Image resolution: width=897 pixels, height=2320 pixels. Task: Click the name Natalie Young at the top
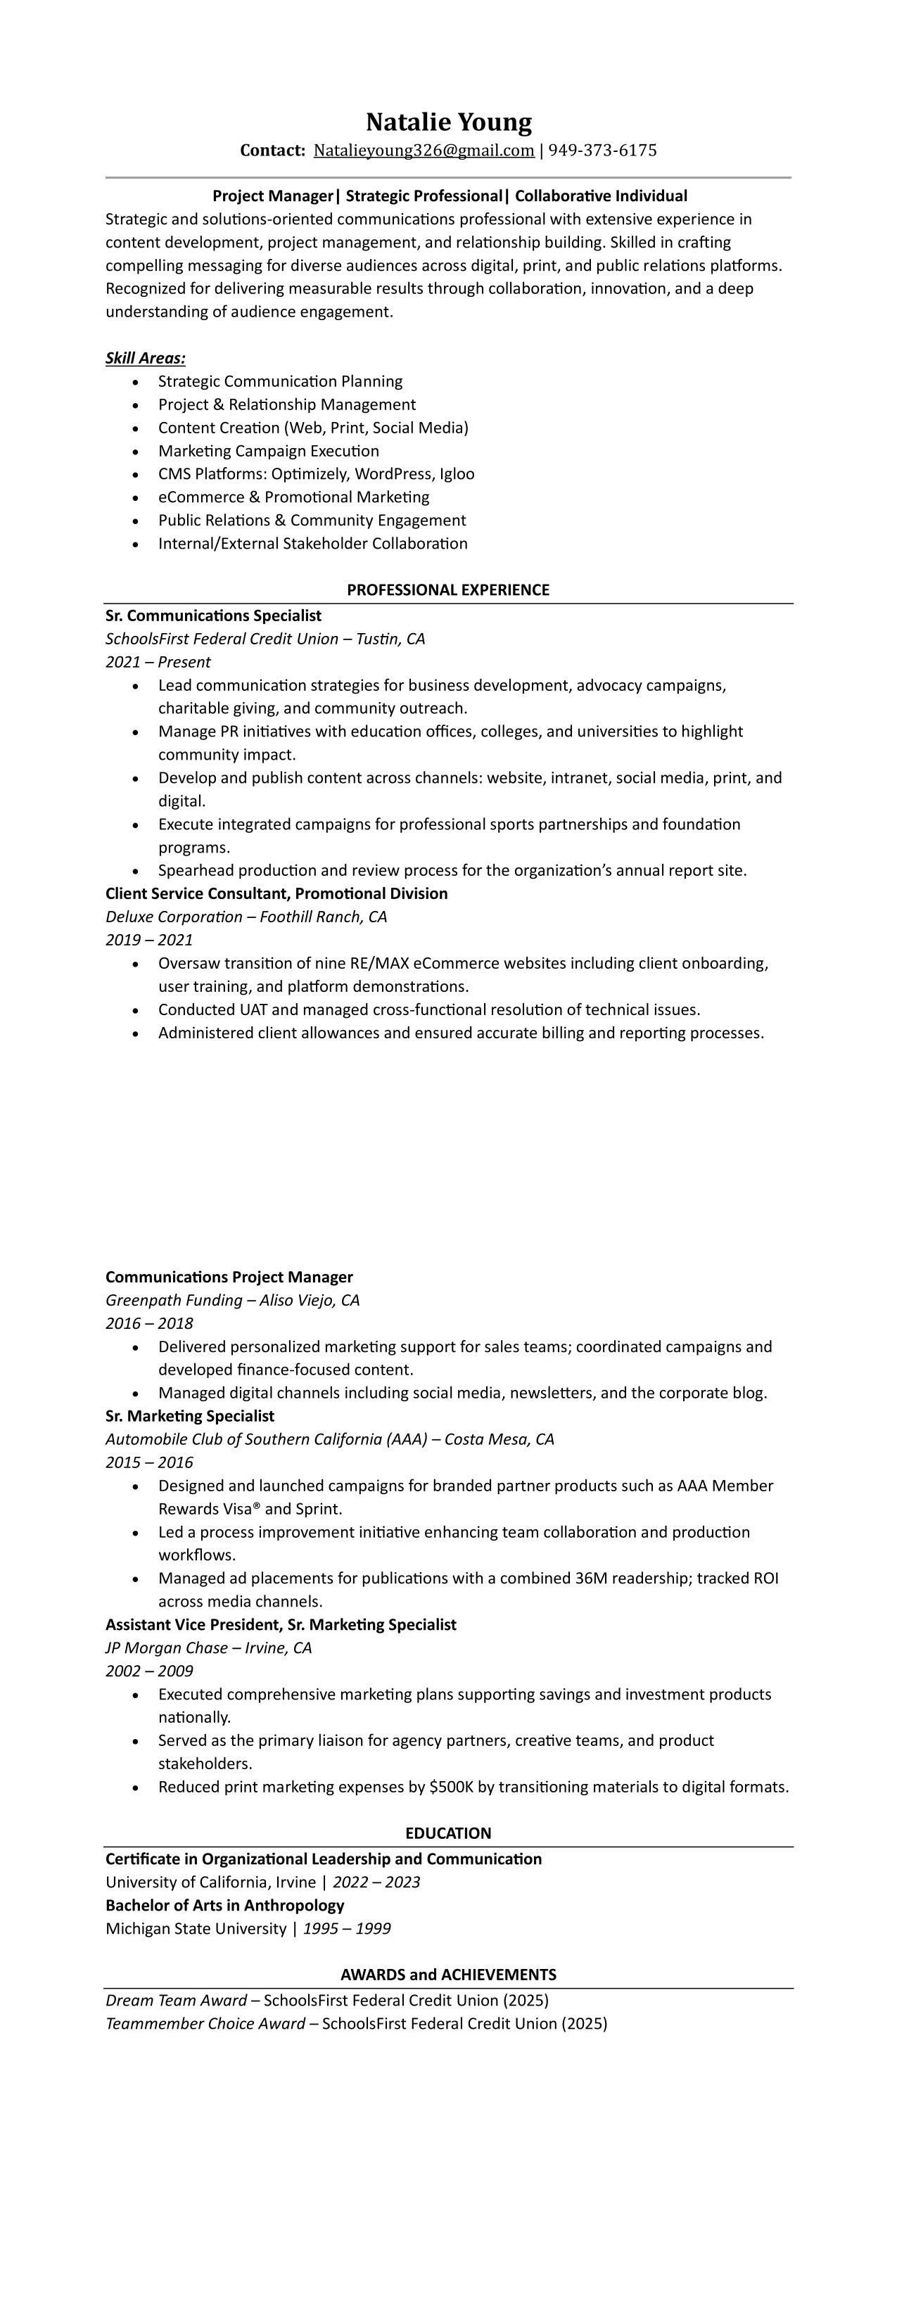click(x=449, y=122)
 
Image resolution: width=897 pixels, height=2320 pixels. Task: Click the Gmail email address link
click(x=424, y=151)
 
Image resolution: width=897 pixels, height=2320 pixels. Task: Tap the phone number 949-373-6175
click(x=602, y=151)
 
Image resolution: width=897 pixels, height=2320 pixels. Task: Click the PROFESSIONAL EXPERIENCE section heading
click(x=447, y=590)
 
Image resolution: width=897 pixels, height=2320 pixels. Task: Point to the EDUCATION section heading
click(x=447, y=1833)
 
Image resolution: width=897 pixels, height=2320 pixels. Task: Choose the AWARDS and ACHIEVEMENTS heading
click(x=447, y=1974)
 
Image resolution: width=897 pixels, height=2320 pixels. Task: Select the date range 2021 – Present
click(x=158, y=662)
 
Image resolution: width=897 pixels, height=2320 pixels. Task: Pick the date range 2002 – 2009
click(x=149, y=1671)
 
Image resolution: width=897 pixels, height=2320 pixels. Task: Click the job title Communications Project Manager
click(x=229, y=1277)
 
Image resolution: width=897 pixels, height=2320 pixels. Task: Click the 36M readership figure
click(x=592, y=1578)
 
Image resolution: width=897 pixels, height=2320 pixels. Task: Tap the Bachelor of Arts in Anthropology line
click(x=225, y=1905)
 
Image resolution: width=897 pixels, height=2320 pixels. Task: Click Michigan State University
click(x=196, y=1928)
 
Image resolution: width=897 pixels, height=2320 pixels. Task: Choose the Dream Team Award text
click(x=176, y=2001)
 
